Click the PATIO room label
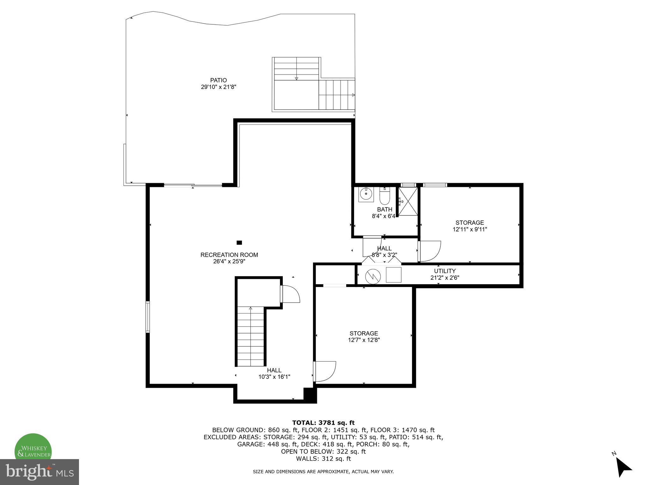(x=218, y=80)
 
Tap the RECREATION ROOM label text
(x=229, y=255)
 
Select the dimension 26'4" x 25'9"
(x=229, y=261)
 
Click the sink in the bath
(x=366, y=194)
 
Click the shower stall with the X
(x=408, y=201)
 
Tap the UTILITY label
(x=444, y=271)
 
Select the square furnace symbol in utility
(x=394, y=275)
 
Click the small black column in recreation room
(x=239, y=242)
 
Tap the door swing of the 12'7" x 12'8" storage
(x=326, y=371)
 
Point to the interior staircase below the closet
(x=251, y=336)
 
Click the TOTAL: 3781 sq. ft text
(x=323, y=423)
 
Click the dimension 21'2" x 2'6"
(x=444, y=278)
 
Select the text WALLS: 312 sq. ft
(x=323, y=458)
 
